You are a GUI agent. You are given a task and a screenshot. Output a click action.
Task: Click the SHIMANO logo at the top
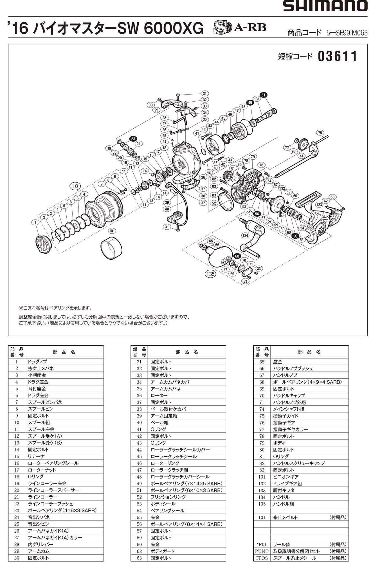tap(325, 6)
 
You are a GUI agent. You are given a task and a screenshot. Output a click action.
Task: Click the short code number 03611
tap(338, 56)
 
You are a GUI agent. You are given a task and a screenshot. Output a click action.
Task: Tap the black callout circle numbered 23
tap(133, 138)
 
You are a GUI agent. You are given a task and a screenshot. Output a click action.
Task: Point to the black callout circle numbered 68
tap(237, 256)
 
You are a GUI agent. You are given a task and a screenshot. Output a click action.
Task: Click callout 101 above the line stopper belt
tap(112, 231)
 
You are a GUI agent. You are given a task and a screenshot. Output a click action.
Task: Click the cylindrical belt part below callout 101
tap(111, 248)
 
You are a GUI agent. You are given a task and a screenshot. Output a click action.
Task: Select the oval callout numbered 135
tap(210, 274)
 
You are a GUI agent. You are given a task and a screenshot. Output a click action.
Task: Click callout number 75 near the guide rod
tap(320, 133)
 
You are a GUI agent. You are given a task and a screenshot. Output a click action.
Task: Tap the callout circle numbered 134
tap(245, 235)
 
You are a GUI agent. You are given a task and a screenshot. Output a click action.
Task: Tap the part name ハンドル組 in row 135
tap(283, 504)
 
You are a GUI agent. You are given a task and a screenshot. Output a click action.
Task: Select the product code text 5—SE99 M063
tap(347, 33)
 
